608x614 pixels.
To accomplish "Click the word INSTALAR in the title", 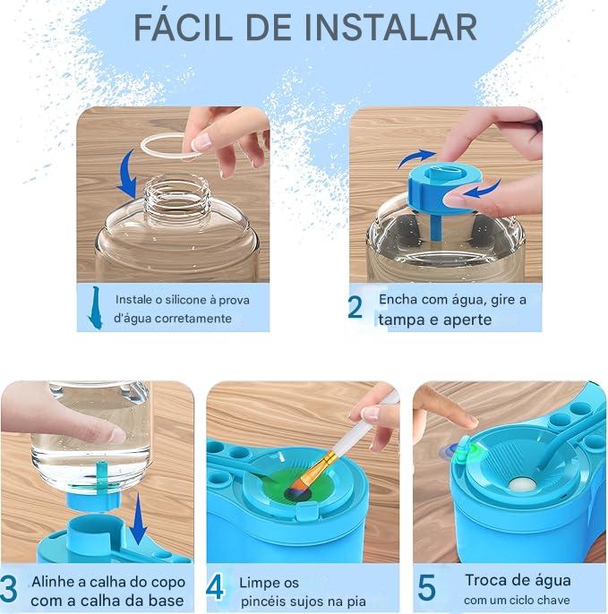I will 390,28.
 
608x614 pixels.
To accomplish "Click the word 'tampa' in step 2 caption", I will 402,320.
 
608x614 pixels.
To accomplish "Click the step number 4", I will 216,588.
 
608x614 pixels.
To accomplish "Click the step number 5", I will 427,588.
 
